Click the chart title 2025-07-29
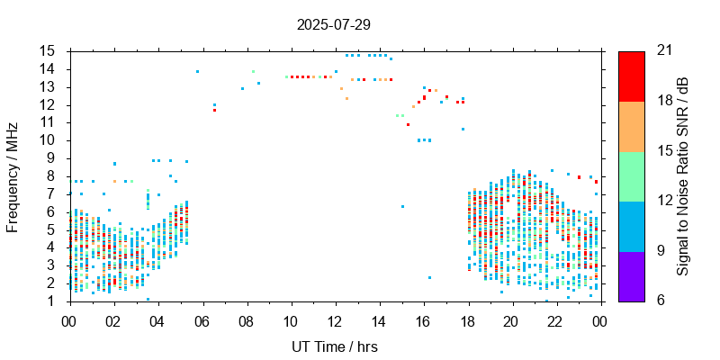pos(333,24)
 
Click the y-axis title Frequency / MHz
pos(13,176)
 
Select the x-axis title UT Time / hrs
pos(333,346)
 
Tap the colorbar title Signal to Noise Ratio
pos(683,176)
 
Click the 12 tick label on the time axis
pos(335,319)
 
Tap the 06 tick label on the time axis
pos(202,319)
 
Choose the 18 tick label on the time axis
pos(468,319)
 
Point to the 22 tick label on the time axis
pos(556,319)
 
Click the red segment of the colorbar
pos(631,76)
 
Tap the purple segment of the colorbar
pos(631,275)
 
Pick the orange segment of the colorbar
pos(631,126)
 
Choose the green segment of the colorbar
pos(631,175)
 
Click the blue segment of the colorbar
pos(631,226)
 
